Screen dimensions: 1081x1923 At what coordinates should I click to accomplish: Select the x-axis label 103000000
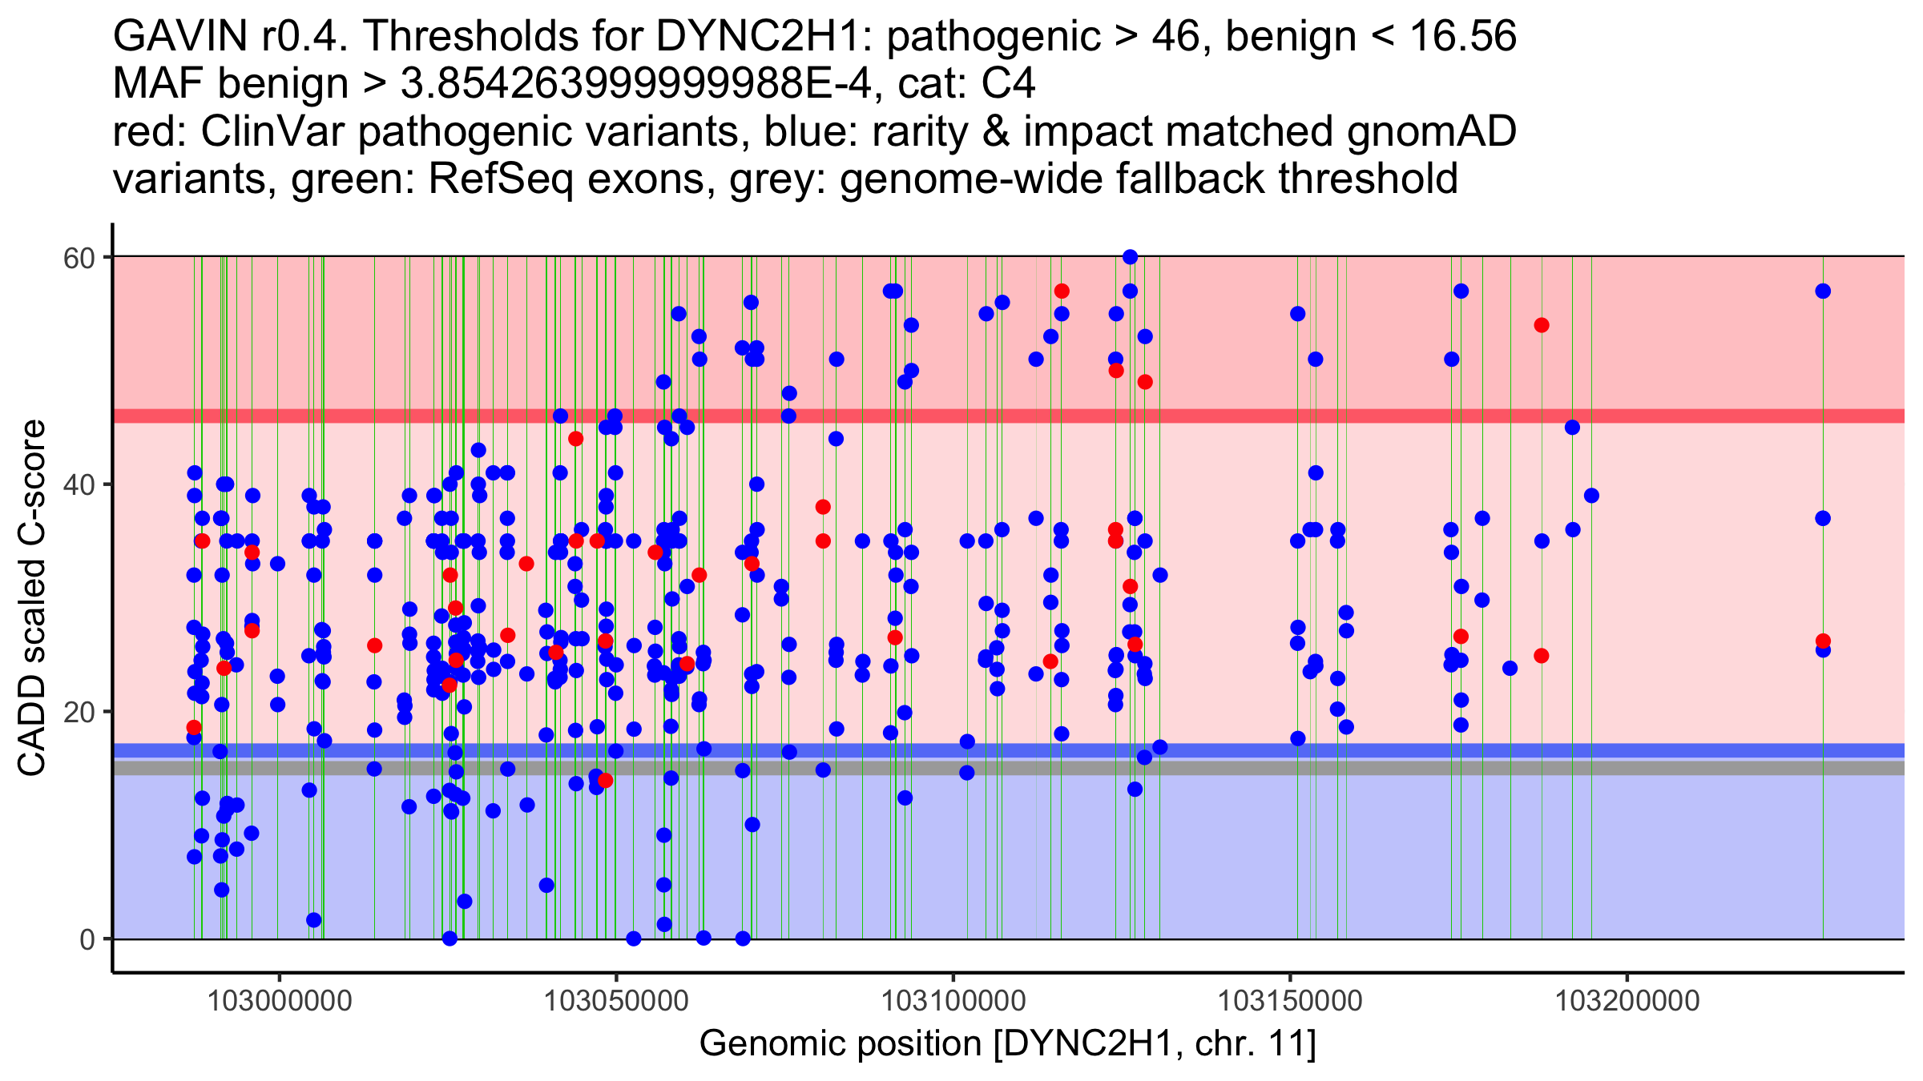point(280,1001)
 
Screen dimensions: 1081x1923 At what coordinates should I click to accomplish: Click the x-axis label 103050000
point(616,1001)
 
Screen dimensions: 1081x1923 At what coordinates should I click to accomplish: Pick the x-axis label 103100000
point(953,1001)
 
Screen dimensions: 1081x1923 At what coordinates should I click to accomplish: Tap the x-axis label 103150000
point(1290,1001)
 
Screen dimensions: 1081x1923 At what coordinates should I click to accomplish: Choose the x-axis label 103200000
point(1627,1001)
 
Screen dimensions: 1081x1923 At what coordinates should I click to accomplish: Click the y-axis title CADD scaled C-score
point(32,598)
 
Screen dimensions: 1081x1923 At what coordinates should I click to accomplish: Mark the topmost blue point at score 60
point(1130,257)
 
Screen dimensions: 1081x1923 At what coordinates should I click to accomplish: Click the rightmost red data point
point(1823,641)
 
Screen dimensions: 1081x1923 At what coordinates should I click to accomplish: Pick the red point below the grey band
point(605,780)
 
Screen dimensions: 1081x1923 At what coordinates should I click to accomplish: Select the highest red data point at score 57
point(1062,291)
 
